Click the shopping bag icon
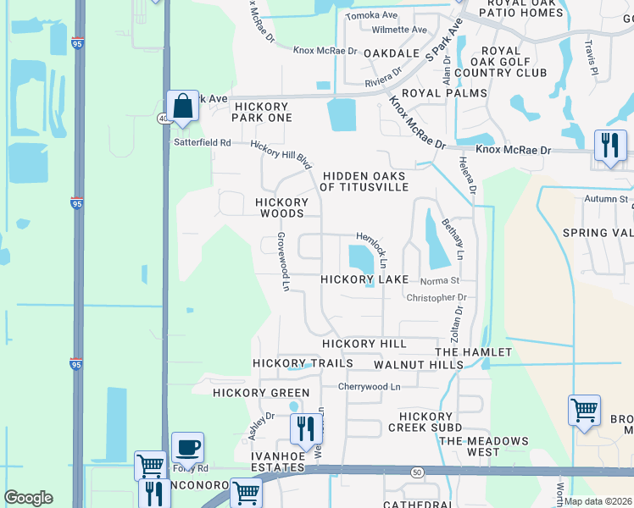pos(182,107)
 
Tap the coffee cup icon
pos(187,447)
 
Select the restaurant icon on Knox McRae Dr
pos(609,146)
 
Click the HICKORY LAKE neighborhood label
pos(364,279)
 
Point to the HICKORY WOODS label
pos(282,208)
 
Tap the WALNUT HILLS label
pos(419,364)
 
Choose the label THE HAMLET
pos(473,351)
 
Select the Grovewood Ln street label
pos(283,263)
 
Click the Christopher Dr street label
pos(437,298)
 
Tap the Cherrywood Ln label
pos(369,386)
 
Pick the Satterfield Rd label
pos(203,142)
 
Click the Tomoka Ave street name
pos(372,15)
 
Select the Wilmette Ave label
pos(400,30)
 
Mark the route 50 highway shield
pos(417,471)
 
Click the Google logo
pos(28,498)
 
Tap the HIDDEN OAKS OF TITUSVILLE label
pos(364,181)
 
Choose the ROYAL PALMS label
pos(444,93)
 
